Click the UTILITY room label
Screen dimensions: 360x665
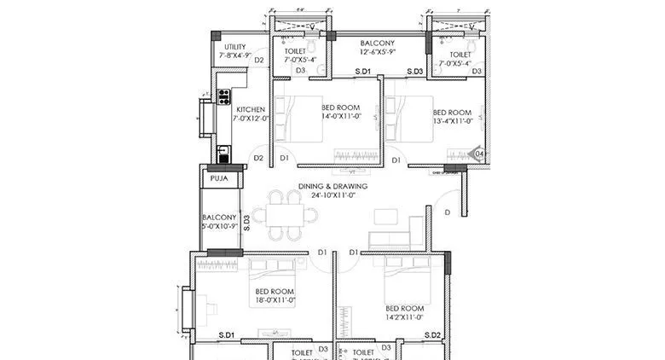click(234, 47)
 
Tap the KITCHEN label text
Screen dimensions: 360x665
click(251, 109)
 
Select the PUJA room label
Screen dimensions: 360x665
click(217, 179)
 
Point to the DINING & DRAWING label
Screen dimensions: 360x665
click(332, 186)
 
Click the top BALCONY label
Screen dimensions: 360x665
click(376, 42)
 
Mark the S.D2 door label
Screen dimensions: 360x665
click(432, 335)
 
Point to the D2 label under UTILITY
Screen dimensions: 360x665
click(260, 61)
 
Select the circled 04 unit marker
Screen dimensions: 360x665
click(479, 154)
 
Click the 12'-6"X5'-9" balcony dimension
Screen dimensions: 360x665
click(376, 52)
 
